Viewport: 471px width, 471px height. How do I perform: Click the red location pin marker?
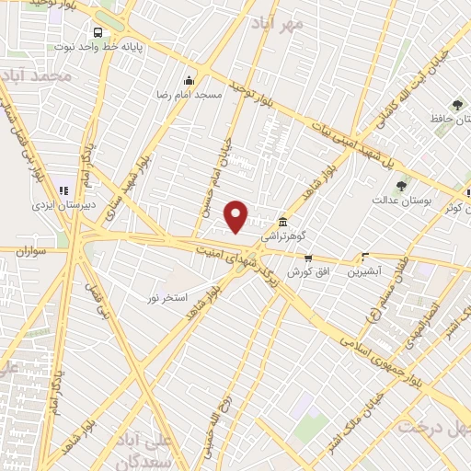tap(236, 216)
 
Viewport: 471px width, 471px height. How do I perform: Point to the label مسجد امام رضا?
tap(190, 94)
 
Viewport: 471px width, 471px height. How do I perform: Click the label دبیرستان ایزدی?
tap(61, 206)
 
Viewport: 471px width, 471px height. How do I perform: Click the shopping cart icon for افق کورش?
tap(308, 258)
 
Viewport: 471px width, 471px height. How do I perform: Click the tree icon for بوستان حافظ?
tap(457, 105)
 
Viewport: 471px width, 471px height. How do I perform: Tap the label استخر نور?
tap(168, 298)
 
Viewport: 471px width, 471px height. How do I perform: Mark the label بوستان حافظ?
tap(451, 120)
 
